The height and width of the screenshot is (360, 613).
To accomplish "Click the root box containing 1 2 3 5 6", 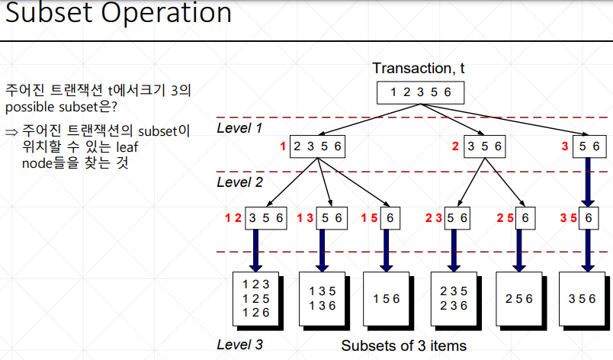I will pyautogui.click(x=420, y=92).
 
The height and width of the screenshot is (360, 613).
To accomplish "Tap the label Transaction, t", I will pyautogui.click(x=419, y=69).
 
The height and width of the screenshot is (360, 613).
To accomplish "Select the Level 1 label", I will pyautogui.click(x=239, y=128).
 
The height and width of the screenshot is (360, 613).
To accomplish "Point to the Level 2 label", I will pyautogui.click(x=239, y=182).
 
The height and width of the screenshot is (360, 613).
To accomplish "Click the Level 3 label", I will pyautogui.click(x=239, y=344).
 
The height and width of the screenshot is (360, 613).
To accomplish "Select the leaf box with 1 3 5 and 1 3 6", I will pyautogui.click(x=323, y=298).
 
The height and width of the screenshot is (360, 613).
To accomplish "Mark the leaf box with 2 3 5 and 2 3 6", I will pyautogui.click(x=454, y=298).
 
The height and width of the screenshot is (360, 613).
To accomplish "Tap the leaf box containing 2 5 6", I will pyautogui.click(x=519, y=299).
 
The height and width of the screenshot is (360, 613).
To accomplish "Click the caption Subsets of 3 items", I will pyautogui.click(x=403, y=346).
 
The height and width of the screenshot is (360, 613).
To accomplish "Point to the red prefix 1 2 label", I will pyautogui.click(x=233, y=217).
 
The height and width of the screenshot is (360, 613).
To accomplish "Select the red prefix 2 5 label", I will pyautogui.click(x=505, y=217).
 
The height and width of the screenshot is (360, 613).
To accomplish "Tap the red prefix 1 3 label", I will pyautogui.click(x=305, y=217).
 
